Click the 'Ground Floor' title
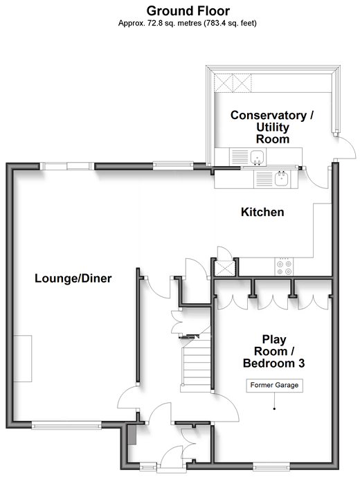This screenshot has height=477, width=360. pyautogui.click(x=188, y=11)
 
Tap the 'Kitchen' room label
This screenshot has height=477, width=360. pyautogui.click(x=262, y=212)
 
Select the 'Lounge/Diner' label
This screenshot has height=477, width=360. pyautogui.click(x=73, y=278)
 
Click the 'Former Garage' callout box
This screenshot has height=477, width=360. pyautogui.click(x=274, y=385)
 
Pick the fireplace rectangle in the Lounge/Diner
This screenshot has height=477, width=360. pyautogui.click(x=23, y=359)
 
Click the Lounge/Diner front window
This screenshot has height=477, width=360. pyautogui.click(x=66, y=425)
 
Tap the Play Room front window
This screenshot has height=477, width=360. pyautogui.click(x=271, y=466)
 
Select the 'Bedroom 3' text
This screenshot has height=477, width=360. pyautogui.click(x=274, y=363)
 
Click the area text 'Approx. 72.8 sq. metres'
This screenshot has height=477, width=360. pyautogui.click(x=160, y=23)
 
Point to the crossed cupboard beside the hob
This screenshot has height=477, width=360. pyautogui.click(x=224, y=269)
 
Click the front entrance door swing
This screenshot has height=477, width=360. pyautogui.click(x=172, y=453)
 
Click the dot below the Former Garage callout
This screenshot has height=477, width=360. pyautogui.click(x=274, y=409)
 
